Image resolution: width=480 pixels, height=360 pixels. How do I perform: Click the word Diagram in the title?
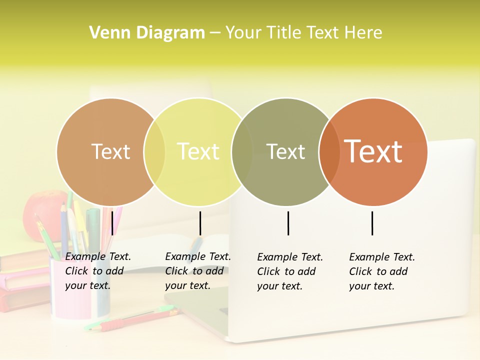tap(170, 33)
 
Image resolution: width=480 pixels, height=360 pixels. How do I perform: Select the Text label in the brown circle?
tap(110, 151)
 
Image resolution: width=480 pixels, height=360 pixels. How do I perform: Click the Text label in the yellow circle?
tap(198, 151)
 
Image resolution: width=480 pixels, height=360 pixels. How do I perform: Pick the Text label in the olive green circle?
tap(285, 151)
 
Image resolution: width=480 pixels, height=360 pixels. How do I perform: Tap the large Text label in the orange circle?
tap(373, 151)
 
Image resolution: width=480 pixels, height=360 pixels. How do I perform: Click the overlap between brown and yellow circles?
tap(154, 151)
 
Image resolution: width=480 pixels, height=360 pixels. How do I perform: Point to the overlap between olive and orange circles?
tap(328, 151)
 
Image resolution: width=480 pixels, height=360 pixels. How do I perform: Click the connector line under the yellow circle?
tap(200, 223)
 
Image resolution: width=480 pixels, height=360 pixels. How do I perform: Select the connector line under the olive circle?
tap(288, 223)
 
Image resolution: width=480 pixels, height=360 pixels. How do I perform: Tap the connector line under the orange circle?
tap(372, 223)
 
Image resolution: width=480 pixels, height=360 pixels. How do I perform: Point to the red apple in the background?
tap(42, 210)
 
